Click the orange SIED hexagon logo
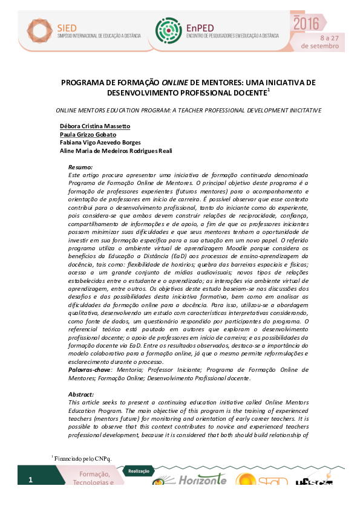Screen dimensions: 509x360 pyautogui.click(x=44, y=27)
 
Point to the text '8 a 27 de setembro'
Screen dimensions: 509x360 pyautogui.click(x=316, y=41)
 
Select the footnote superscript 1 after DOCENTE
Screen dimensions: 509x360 pyautogui.click(x=268, y=90)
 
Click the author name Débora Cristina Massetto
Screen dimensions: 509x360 pyautogui.click(x=95, y=126)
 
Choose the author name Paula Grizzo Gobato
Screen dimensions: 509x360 pyautogui.click(x=88, y=135)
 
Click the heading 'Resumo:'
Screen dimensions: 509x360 pyautogui.click(x=80, y=166)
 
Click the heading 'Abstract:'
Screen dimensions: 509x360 pyautogui.click(x=82, y=394)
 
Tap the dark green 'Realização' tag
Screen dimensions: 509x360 pyautogui.click(x=139, y=470)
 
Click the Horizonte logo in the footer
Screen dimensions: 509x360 pyautogui.click(x=201, y=480)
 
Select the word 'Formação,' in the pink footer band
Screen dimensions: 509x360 pyautogui.click(x=90, y=475)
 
